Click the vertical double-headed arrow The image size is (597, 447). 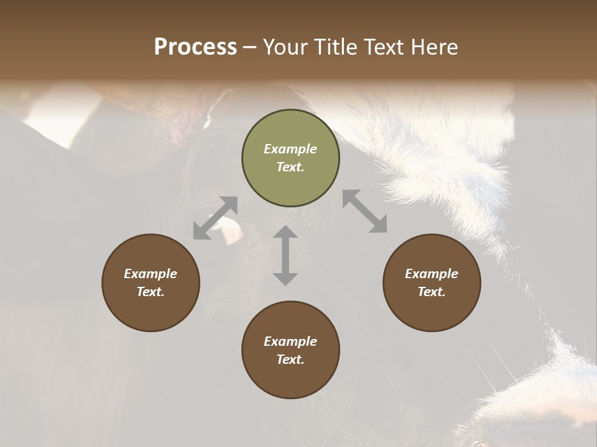point(285,255)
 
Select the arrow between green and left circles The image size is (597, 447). point(215,218)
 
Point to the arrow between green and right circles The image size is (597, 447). point(364,211)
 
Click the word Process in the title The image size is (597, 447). point(195,47)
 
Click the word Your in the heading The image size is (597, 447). point(284,47)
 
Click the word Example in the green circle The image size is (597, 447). point(290,149)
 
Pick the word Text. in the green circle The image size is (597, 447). point(290,167)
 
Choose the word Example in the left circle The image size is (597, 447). point(150,274)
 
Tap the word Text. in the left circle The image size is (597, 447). point(150,292)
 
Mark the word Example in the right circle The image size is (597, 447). point(432,274)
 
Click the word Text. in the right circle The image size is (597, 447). point(432,292)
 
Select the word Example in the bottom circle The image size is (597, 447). point(290,341)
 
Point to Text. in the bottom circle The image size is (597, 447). point(290,359)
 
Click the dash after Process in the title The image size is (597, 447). point(249,47)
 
